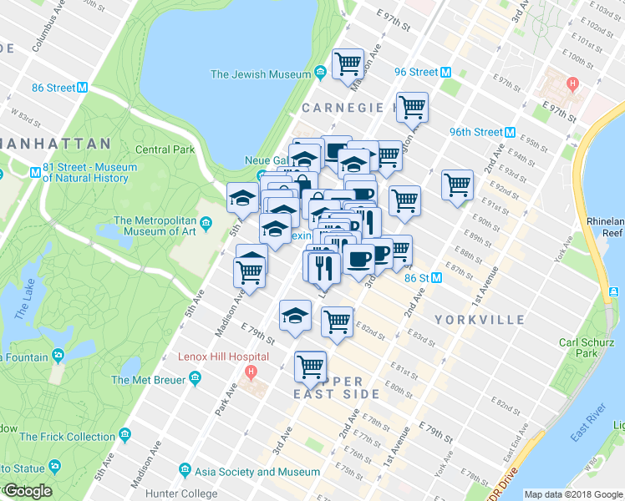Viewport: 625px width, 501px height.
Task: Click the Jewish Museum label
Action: [x=261, y=74]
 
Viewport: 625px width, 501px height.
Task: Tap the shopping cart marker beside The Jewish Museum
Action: [x=348, y=63]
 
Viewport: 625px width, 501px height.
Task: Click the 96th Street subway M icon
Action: [x=509, y=132]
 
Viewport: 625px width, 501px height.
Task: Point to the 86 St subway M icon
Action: [x=437, y=278]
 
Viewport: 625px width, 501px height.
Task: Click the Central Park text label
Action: [x=165, y=149]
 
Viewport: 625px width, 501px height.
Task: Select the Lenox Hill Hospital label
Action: [x=223, y=357]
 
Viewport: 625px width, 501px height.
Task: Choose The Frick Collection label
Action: [x=68, y=436]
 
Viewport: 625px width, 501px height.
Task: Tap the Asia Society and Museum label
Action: [x=253, y=472]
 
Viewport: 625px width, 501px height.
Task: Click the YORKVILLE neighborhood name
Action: [x=480, y=320]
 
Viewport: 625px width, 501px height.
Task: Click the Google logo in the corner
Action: [x=27, y=491]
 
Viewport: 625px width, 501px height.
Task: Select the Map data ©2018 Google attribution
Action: [x=573, y=494]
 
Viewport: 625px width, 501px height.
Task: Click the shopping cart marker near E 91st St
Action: [x=457, y=185]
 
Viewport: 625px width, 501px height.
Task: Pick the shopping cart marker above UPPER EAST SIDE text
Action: [x=310, y=365]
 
